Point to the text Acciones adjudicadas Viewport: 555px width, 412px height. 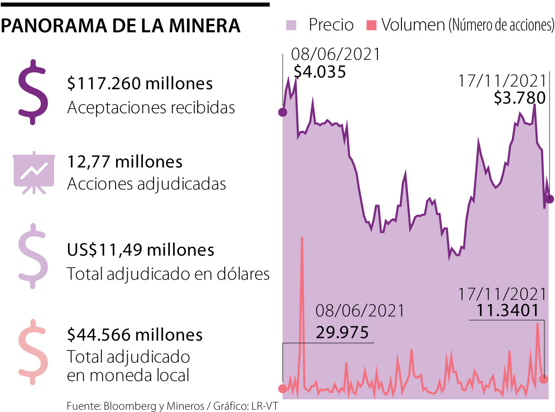(146, 184)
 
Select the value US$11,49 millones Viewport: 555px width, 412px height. (141, 250)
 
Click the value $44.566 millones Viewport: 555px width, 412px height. (135, 334)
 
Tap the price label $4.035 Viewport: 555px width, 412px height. (320, 72)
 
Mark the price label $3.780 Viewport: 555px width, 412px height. (520, 98)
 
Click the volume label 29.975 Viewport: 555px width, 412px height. (342, 332)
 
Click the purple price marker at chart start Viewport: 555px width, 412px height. (283, 112)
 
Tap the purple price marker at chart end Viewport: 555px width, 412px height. (549, 199)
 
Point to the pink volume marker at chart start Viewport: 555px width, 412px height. (282, 388)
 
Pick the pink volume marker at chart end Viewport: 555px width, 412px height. (544, 379)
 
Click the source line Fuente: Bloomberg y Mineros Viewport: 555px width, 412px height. (173, 406)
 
